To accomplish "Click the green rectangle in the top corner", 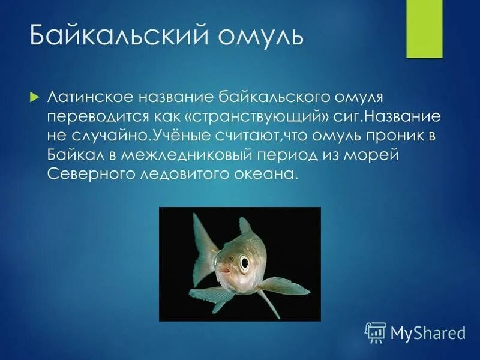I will [x=424, y=29].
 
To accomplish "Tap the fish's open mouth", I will [x=224, y=277].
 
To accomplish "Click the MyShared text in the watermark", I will [x=428, y=332].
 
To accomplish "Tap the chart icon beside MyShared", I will [x=376, y=332].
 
